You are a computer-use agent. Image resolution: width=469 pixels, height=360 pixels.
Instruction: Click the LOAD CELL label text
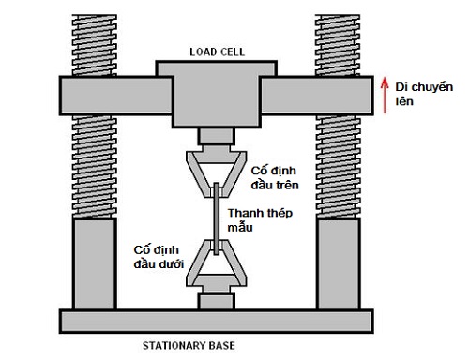tap(217, 52)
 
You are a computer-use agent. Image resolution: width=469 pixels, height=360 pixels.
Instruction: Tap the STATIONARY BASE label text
tap(189, 345)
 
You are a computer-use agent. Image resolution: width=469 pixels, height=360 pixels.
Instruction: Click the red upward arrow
tap(385, 96)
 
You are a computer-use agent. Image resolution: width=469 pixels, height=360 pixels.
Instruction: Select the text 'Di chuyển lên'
tap(424, 94)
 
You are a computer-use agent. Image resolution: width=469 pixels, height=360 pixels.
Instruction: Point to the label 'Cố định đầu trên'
tap(275, 178)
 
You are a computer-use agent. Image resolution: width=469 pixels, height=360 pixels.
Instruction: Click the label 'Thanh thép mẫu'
tap(260, 220)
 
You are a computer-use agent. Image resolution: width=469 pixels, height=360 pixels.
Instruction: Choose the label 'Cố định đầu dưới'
tap(159, 257)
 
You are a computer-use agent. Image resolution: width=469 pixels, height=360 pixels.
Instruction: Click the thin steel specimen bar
tap(216, 218)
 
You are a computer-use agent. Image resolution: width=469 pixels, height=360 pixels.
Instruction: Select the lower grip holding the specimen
tap(217, 265)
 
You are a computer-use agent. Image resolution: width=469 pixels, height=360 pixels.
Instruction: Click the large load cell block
tap(217, 94)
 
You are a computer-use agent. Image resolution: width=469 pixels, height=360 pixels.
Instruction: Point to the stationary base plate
tap(217, 322)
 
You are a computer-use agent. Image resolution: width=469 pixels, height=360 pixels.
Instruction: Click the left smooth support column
tap(95, 263)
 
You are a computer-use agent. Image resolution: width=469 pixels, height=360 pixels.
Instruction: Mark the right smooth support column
tap(339, 263)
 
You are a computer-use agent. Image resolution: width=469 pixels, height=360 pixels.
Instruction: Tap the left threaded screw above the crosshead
tap(94, 45)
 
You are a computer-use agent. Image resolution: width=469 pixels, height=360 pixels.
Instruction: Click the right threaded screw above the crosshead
tap(338, 45)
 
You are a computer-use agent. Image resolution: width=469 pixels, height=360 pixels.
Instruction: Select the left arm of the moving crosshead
tap(115, 96)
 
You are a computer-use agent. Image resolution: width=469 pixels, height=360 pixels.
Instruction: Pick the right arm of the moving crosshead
tap(317, 96)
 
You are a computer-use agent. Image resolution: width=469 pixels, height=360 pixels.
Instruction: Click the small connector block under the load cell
tap(217, 136)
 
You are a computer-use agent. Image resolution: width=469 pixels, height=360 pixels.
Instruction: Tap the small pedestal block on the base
tap(217, 301)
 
